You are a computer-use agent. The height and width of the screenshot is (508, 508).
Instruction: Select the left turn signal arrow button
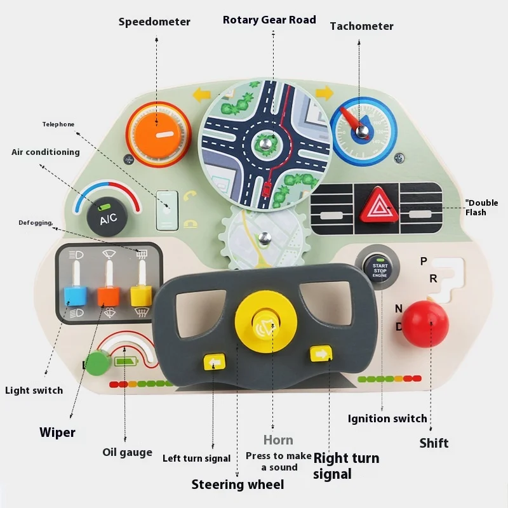point(213,362)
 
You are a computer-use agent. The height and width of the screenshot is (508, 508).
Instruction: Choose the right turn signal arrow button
point(321,354)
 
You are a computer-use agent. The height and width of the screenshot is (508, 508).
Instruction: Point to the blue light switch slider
point(76,295)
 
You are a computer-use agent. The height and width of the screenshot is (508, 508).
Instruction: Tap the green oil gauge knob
point(97,364)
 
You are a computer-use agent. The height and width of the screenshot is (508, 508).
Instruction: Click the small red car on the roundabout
point(267,188)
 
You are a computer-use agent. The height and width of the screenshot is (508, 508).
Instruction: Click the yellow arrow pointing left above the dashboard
point(202,95)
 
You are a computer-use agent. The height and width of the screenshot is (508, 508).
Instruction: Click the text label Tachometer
point(361,26)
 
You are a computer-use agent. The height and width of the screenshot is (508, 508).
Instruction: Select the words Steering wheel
point(237,485)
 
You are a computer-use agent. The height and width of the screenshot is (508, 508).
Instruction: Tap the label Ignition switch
point(387,418)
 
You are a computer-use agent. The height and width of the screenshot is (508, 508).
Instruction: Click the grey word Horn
point(278,440)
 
